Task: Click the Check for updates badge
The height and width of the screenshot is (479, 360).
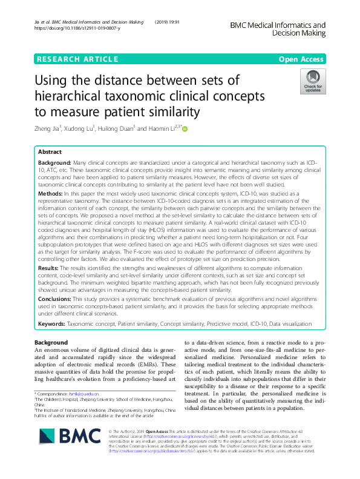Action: pos(313,81)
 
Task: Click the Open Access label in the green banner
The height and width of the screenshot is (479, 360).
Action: pos(302,59)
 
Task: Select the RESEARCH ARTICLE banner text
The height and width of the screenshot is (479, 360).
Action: pos(77,59)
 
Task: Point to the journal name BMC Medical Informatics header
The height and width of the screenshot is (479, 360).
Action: pos(278,30)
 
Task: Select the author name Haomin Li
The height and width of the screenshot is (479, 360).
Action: pos(162,128)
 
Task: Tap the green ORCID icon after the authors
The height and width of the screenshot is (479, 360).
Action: pos(185,128)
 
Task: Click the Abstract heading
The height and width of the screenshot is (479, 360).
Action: pos(50,153)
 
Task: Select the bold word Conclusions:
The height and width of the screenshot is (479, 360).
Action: pos(57,299)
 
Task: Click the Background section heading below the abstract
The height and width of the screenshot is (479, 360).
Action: pos(51,343)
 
